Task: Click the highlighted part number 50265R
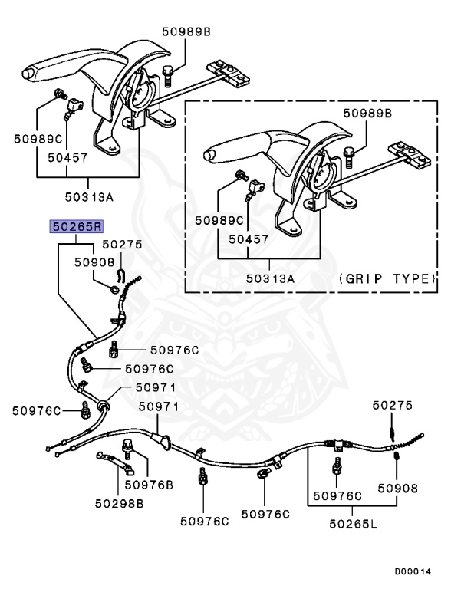pyautogui.click(x=76, y=226)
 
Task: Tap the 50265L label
pyautogui.click(x=353, y=524)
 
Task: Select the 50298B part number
pyautogui.click(x=119, y=503)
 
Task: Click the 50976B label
pyautogui.click(x=149, y=485)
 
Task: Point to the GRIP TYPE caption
pyautogui.click(x=387, y=278)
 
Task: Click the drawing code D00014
pyautogui.click(x=413, y=571)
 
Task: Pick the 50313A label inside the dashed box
pyautogui.click(x=270, y=278)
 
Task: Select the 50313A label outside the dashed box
pyautogui.click(x=89, y=197)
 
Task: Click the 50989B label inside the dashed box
pyautogui.click(x=367, y=113)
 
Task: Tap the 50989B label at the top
pyautogui.click(x=186, y=31)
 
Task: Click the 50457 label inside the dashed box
pyautogui.click(x=249, y=239)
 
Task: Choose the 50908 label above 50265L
pyautogui.click(x=397, y=489)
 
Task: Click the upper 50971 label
pyautogui.click(x=156, y=387)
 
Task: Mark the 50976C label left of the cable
pyautogui.click(x=36, y=411)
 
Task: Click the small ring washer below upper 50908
pyautogui.click(x=114, y=290)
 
